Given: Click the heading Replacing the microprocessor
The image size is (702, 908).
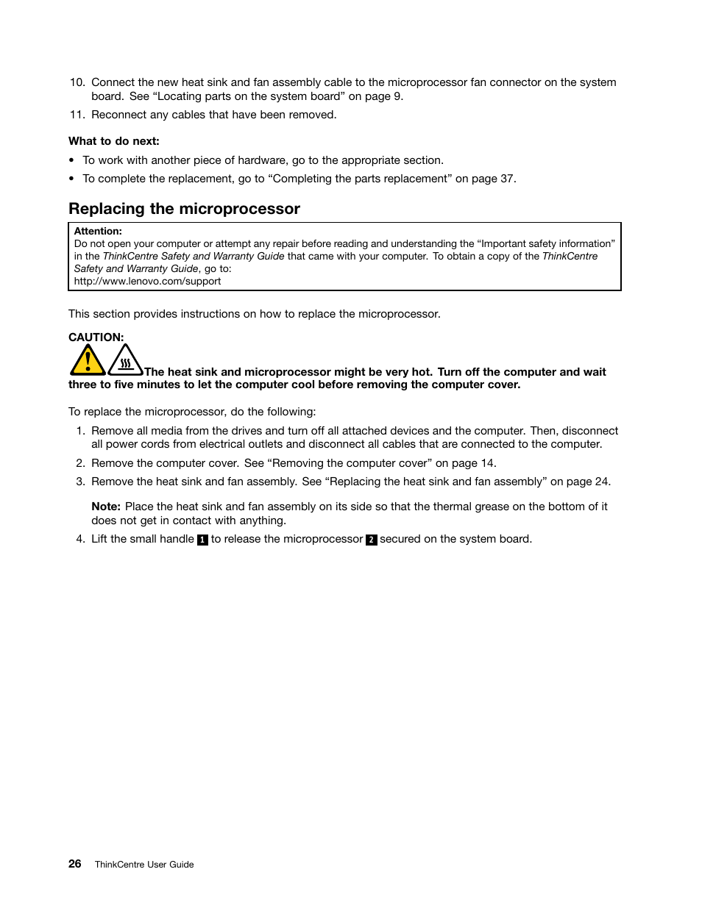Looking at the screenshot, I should (x=184, y=209).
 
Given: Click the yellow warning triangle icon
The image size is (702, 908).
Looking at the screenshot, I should (x=88, y=361).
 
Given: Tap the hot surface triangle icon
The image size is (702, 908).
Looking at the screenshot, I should (x=125, y=361).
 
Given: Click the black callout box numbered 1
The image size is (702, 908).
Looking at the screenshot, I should (x=202, y=540).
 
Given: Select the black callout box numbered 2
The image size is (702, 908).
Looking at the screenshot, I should (x=372, y=540).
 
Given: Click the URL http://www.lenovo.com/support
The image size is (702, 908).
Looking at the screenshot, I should (x=147, y=281).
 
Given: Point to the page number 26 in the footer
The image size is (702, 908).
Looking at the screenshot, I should (x=75, y=864).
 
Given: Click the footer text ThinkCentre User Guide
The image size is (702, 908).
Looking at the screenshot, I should (x=144, y=865).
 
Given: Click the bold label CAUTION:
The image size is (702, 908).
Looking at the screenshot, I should (x=96, y=337).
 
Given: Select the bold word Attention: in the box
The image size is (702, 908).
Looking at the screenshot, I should (x=98, y=231).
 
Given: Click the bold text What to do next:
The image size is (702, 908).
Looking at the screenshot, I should (x=114, y=141).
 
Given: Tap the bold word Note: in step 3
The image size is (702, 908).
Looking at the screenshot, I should (x=106, y=507).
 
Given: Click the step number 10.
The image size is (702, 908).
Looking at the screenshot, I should (x=77, y=82).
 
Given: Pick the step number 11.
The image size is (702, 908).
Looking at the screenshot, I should (x=77, y=115).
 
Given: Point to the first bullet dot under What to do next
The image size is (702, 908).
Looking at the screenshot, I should (x=71, y=160).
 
